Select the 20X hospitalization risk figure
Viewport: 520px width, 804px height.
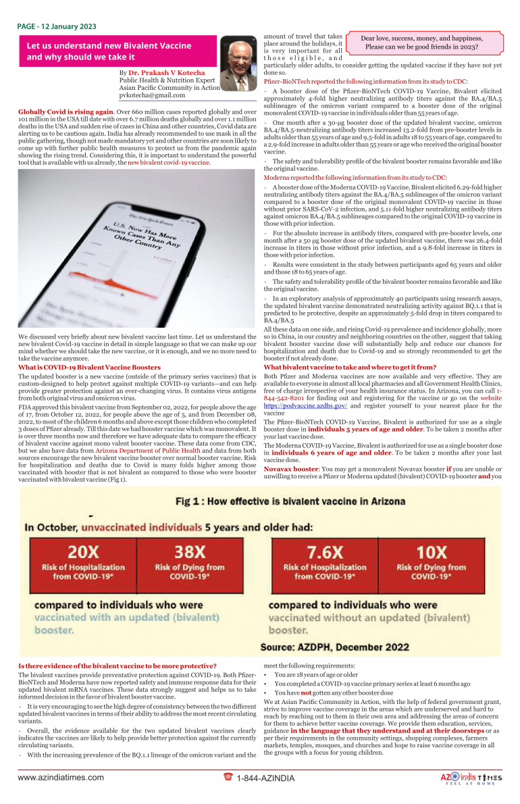pyautogui.click(x=82, y=551)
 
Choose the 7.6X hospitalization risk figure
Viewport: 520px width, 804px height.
pyautogui.click(x=323, y=551)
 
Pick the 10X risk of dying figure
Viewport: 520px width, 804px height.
pyautogui.click(x=432, y=551)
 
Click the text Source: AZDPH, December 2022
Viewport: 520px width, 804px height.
pyautogui.click(x=334, y=647)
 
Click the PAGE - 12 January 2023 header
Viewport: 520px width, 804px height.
pyautogui.click(x=57, y=26)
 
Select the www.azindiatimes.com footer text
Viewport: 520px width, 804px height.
pyautogui.click(x=61, y=778)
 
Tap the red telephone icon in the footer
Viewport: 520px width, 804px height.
pyautogui.click(x=228, y=777)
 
